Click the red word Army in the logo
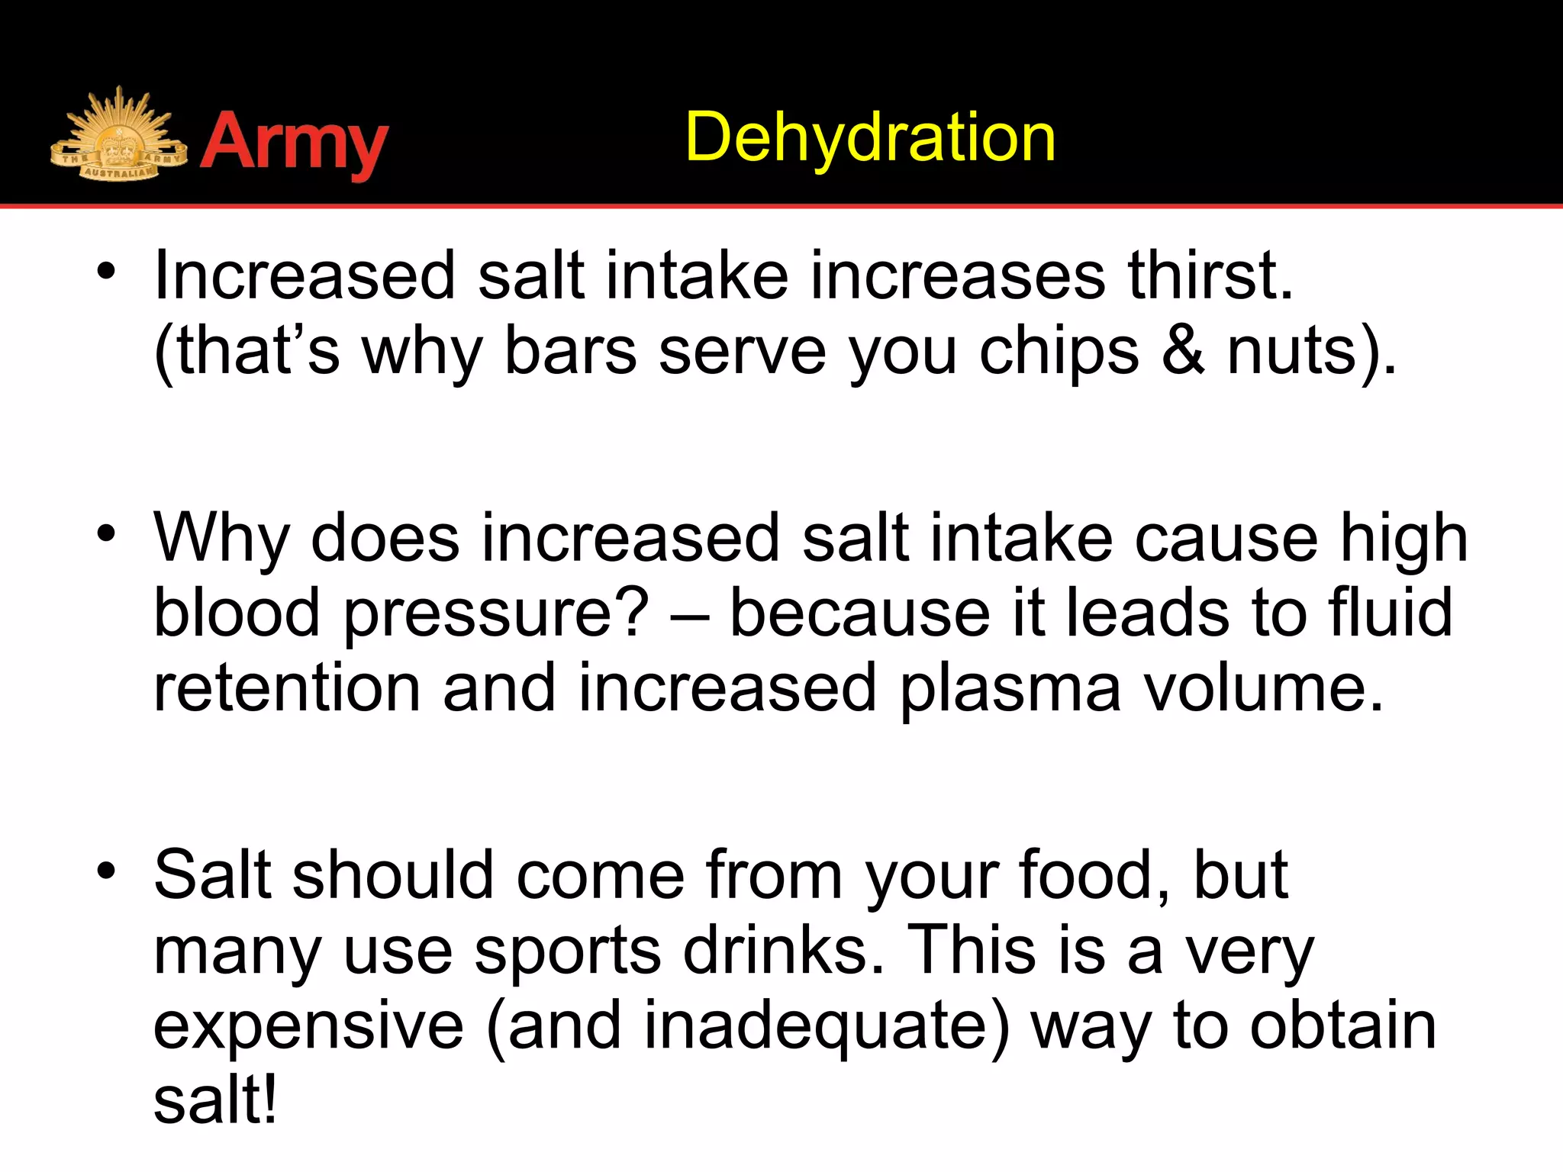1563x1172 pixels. (295, 143)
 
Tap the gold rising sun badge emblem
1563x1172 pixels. (118, 137)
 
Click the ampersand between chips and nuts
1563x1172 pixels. (1183, 351)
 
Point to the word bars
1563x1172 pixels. (570, 351)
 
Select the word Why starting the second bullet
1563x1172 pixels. (221, 539)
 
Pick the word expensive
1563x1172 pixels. (308, 1025)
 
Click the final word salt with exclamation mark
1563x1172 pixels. (215, 1100)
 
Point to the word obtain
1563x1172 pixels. (1342, 1025)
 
